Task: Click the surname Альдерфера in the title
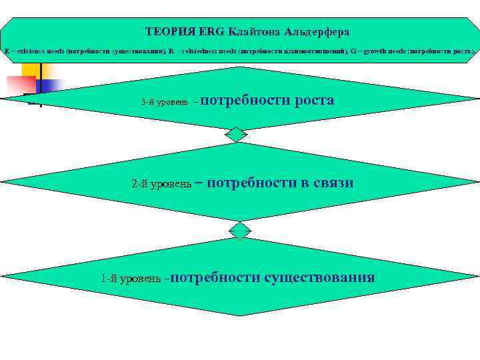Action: tap(317, 32)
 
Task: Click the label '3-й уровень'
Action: tap(164, 103)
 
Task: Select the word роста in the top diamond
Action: tap(312, 100)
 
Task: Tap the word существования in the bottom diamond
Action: tap(319, 277)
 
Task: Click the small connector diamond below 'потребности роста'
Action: tap(236, 135)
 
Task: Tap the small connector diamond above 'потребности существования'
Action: tap(239, 231)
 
